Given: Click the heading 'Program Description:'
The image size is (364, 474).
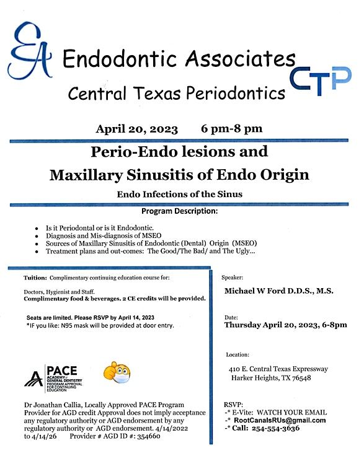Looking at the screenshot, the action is point(179,212).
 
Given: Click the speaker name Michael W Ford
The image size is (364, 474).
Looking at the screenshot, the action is point(254,291).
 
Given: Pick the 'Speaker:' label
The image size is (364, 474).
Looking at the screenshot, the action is point(234,278).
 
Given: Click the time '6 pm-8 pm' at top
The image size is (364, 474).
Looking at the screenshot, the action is point(231,129).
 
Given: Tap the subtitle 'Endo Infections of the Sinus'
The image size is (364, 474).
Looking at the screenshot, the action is point(179,194).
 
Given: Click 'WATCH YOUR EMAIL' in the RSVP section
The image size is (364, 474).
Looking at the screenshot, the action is point(292,412).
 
